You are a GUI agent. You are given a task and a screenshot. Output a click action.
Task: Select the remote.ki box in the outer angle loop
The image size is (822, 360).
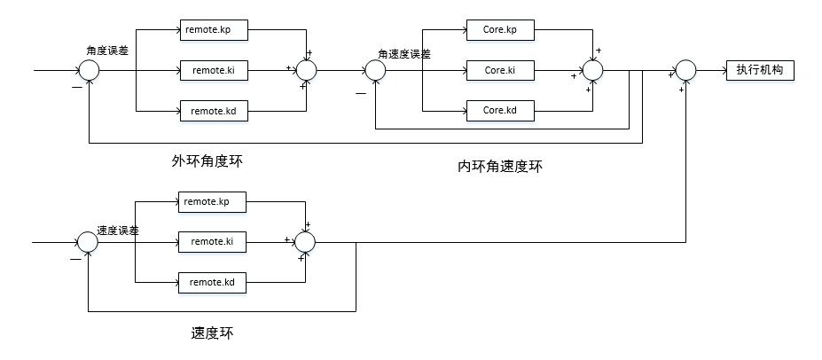(214, 69)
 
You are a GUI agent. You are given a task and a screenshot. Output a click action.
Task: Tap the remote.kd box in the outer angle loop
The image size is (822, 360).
(214, 111)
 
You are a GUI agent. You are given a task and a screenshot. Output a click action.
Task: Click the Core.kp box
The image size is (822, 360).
(500, 30)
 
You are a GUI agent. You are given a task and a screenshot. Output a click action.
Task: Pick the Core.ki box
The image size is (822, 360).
(500, 69)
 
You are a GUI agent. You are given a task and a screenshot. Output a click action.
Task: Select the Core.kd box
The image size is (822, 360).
(500, 111)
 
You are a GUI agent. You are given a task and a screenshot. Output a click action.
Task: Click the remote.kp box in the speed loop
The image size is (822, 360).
(212, 201)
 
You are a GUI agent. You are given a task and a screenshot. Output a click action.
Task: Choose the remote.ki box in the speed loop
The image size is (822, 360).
(212, 241)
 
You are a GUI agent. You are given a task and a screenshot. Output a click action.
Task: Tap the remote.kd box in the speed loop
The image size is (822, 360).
(212, 283)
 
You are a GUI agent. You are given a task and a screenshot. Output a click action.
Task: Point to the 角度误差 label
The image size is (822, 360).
(106, 51)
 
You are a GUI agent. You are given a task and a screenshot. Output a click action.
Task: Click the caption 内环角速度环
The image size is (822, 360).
(499, 166)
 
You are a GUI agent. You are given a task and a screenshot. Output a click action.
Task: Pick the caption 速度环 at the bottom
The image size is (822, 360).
(214, 334)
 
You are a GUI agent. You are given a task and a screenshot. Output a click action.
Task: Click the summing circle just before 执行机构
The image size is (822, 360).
(686, 70)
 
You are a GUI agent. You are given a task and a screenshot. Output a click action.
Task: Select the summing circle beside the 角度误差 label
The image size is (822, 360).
(90, 70)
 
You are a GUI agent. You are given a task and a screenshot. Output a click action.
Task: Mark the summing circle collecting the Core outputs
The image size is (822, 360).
(591, 70)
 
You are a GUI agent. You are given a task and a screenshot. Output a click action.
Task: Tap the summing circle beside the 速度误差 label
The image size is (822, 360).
(87, 242)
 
